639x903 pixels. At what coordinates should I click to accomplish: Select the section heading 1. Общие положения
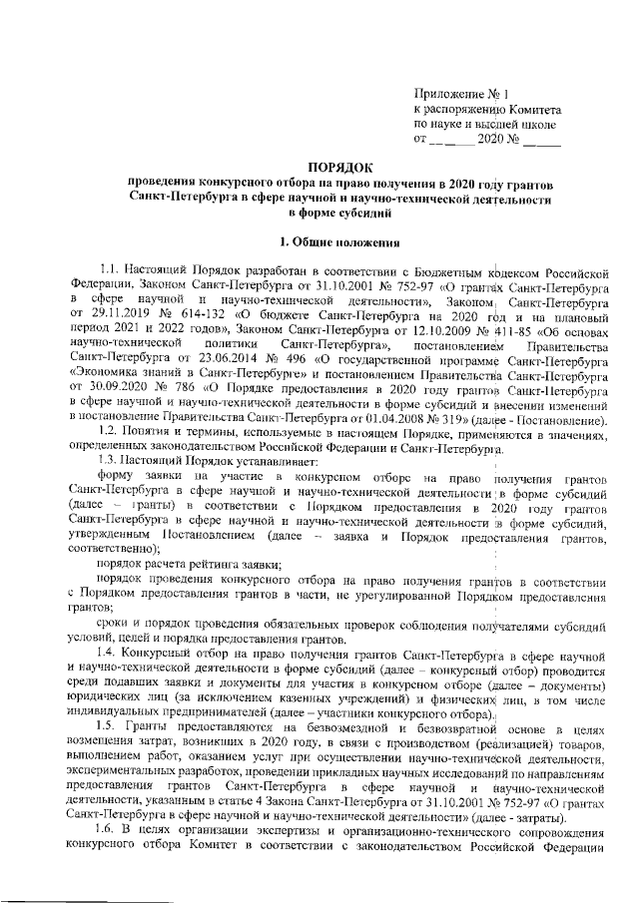point(341,240)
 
